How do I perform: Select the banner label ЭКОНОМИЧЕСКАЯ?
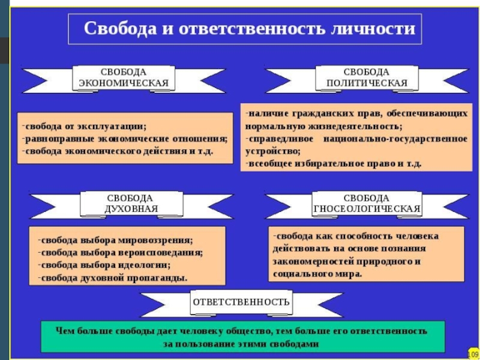[x=124, y=83]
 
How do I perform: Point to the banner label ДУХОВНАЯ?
[x=130, y=209]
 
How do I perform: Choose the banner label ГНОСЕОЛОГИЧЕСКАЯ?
[x=367, y=209]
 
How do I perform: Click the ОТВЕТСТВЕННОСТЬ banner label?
[x=241, y=302]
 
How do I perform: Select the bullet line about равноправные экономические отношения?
[x=126, y=139]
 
